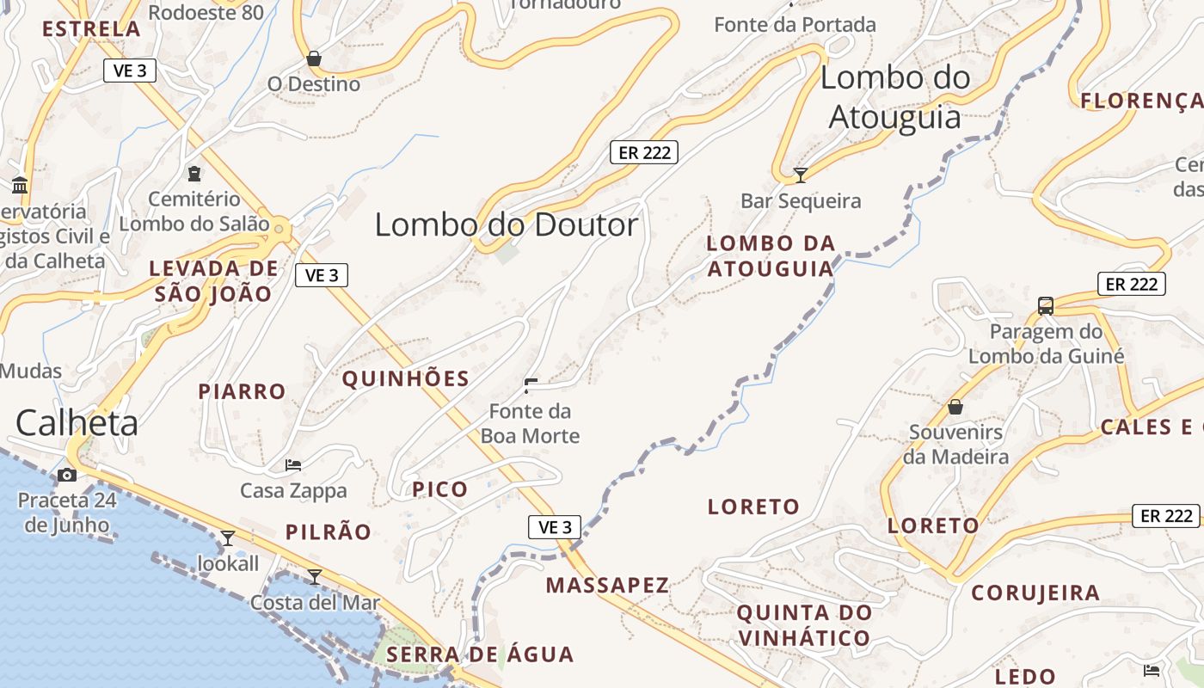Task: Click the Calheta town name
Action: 77,423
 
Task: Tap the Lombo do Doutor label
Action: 507,224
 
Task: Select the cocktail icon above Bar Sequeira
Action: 801,175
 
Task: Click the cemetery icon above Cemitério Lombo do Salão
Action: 194,174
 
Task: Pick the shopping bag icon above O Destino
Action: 314,58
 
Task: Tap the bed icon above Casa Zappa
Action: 293,465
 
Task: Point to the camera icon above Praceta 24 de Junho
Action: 66,475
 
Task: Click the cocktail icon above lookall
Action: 228,538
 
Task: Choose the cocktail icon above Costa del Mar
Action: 315,576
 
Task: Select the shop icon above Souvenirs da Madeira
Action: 955,407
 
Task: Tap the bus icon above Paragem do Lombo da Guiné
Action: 1046,305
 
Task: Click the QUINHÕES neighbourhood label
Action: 406,378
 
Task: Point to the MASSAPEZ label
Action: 607,586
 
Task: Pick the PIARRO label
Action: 242,391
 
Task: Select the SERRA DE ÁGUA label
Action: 480,654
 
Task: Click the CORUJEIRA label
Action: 1035,593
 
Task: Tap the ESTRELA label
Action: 91,28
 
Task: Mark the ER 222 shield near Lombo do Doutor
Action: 644,152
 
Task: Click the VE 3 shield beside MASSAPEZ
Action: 555,527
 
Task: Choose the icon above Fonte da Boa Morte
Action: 531,385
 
